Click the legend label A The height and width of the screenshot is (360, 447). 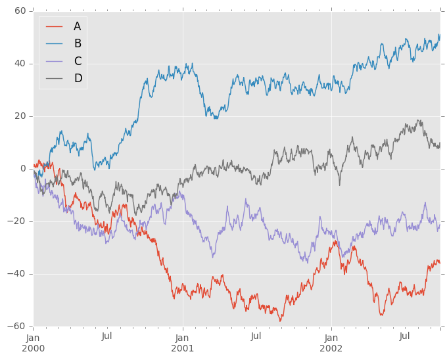[x=77, y=26]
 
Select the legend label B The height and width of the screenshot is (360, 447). [x=77, y=43]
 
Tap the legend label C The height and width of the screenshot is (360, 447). [x=78, y=61]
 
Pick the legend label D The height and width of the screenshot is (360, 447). [x=78, y=79]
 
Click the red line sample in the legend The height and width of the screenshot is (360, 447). [x=54, y=26]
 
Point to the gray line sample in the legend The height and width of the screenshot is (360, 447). [x=54, y=79]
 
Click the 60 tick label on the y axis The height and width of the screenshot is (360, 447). [x=20, y=11]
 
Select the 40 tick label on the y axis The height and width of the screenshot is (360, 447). [x=20, y=64]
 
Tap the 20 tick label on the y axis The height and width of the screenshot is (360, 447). [x=20, y=116]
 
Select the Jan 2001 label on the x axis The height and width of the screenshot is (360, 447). [x=183, y=342]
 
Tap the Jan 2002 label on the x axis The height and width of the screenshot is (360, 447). [x=331, y=342]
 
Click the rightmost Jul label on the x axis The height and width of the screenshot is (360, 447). [x=405, y=336]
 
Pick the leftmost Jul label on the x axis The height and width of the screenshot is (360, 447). [x=107, y=336]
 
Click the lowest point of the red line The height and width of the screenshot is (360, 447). [x=281, y=321]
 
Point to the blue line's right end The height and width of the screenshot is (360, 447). [x=440, y=35]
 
